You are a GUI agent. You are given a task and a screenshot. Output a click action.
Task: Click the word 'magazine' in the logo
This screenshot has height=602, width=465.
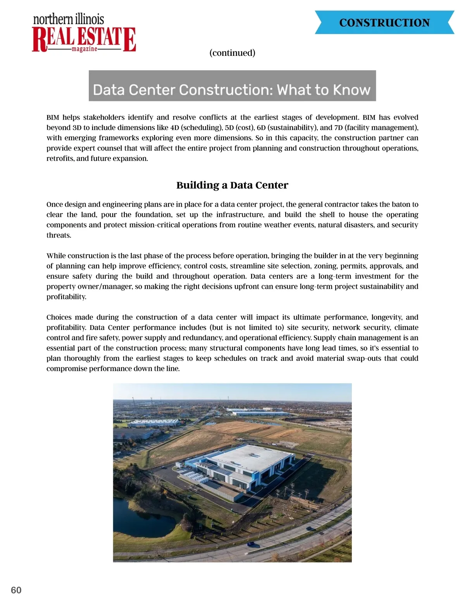click(84, 49)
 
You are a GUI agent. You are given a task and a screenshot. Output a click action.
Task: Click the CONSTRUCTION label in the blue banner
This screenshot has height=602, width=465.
click(384, 23)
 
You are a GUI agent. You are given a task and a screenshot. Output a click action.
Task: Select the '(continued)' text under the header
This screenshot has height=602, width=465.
click(232, 53)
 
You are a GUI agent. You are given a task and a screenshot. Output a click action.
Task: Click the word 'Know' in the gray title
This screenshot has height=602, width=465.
click(351, 90)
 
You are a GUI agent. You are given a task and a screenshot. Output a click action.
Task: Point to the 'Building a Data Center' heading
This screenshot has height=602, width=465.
click(232, 185)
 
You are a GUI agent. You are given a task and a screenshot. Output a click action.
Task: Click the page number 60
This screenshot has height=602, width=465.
click(16, 590)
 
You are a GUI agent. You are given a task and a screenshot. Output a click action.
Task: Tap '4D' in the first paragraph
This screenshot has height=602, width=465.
click(174, 128)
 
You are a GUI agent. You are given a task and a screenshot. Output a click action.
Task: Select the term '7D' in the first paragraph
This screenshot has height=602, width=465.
click(339, 128)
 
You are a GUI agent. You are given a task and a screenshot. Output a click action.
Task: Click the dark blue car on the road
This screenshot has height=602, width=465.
click(251, 544)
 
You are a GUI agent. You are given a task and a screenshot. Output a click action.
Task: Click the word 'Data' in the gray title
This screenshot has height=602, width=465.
click(109, 90)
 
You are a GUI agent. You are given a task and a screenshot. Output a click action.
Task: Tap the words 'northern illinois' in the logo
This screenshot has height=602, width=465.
click(69, 19)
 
